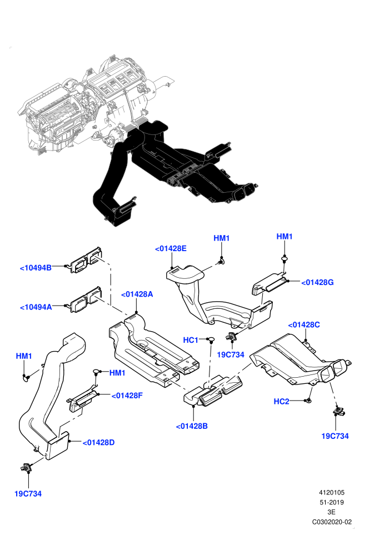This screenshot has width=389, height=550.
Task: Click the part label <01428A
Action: coord(137,294)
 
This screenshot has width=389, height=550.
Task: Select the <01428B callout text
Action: coord(192,426)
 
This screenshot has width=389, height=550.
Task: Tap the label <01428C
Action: coord(304,325)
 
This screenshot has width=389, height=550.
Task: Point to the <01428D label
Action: coord(98,443)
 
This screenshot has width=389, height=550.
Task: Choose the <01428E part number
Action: coord(171,249)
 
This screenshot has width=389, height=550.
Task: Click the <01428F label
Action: coord(127,396)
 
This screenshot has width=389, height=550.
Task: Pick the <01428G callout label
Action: coord(317,282)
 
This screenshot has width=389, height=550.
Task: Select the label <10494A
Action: coord(36,307)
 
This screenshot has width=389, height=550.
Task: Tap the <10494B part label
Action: coord(36,268)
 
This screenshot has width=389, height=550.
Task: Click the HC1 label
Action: coord(191,340)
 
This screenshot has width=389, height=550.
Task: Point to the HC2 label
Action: coord(281,401)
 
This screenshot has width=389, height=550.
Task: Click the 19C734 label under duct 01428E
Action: coord(231,354)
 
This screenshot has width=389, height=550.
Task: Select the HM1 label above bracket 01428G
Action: coord(285,237)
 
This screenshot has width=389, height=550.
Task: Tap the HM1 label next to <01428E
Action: coord(221,238)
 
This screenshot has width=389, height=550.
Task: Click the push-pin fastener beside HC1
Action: coord(211,339)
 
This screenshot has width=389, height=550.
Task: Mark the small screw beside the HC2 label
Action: coord(308,401)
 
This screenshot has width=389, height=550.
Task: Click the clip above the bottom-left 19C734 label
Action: coord(26,467)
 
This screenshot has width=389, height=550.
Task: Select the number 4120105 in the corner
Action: coord(331,492)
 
